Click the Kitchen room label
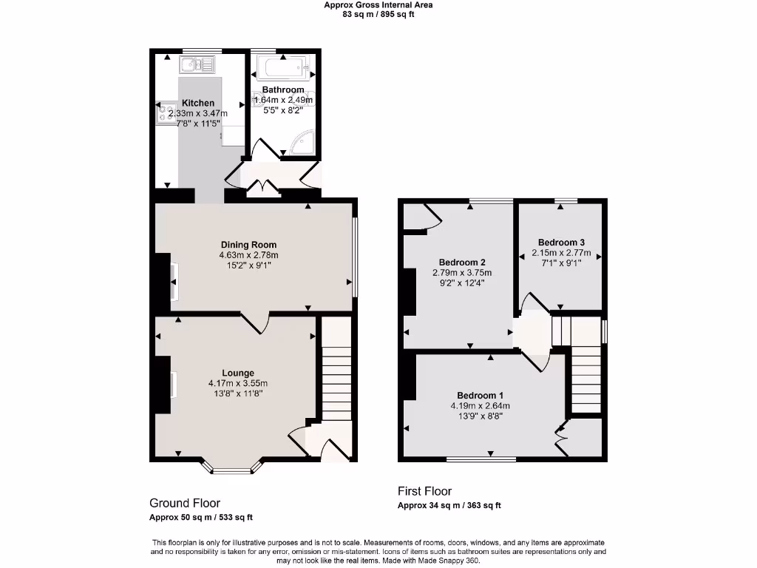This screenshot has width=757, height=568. click(198, 103)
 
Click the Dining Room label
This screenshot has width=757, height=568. click(248, 245)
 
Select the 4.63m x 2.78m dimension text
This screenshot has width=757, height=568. click(248, 255)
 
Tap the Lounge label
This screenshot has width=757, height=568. click(238, 373)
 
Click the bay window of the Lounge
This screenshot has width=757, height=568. click(231, 467)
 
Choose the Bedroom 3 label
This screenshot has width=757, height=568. click(561, 243)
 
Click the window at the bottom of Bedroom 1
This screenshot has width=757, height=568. click(481, 459)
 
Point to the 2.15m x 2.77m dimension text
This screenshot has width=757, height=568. click(561, 252)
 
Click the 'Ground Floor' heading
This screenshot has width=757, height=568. click(185, 503)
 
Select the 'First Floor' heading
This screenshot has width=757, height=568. click(424, 491)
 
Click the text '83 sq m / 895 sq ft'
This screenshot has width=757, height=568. click(378, 14)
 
